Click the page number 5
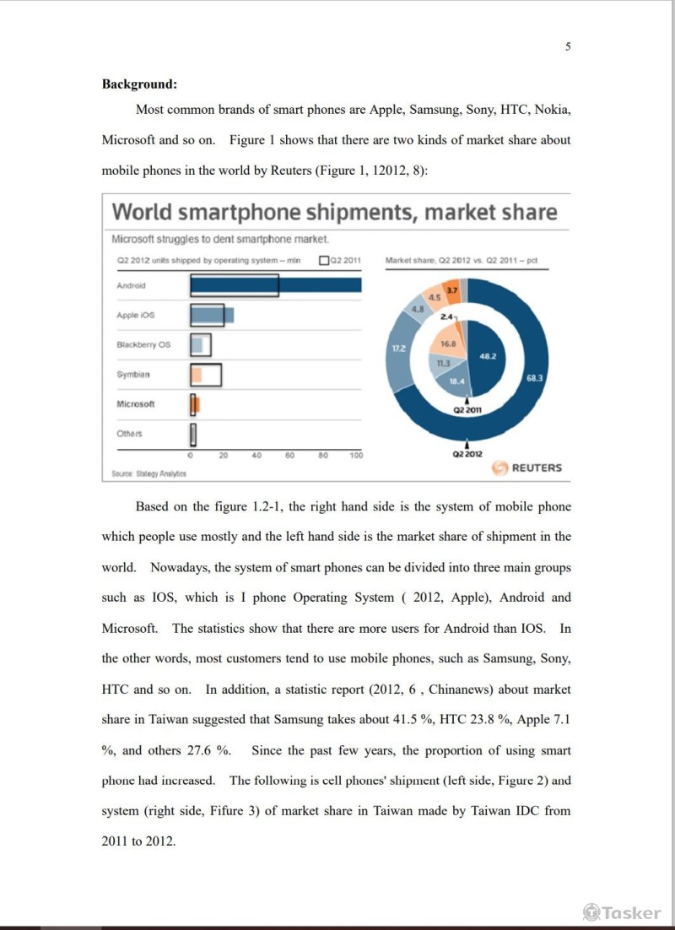click(568, 47)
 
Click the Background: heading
click(139, 84)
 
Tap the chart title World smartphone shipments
click(334, 212)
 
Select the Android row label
click(131, 286)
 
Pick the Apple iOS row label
click(136, 316)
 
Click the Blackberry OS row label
click(143, 345)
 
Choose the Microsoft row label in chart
click(136, 404)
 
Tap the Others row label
click(129, 434)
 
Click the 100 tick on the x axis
click(356, 456)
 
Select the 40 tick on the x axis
click(256, 456)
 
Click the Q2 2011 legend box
click(325, 261)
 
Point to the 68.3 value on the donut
click(534, 378)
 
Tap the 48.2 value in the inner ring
click(488, 357)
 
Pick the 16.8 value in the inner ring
click(449, 343)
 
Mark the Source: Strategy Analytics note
click(148, 473)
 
